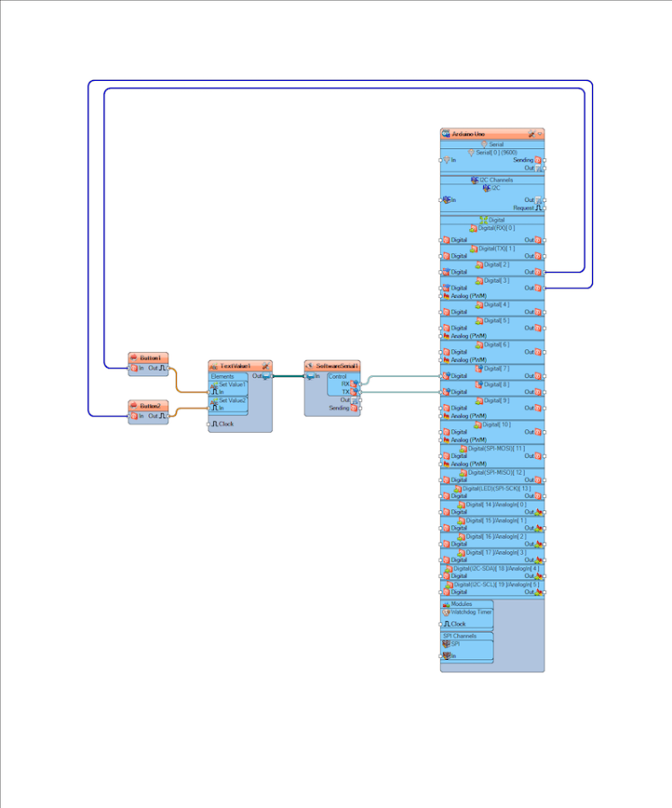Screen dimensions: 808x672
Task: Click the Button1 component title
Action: pos(149,357)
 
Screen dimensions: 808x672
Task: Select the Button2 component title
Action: pos(149,406)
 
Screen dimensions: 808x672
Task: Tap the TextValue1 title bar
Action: pos(235,366)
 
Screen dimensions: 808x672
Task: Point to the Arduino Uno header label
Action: pos(469,134)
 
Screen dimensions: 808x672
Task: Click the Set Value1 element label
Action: pos(231,384)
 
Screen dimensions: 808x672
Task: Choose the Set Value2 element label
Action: pos(231,400)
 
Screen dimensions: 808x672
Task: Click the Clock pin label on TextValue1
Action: pos(225,424)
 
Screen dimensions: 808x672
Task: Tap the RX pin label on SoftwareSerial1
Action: pos(345,383)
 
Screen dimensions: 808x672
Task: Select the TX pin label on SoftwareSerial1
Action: pos(345,391)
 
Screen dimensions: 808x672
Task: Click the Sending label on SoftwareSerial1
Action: pos(339,408)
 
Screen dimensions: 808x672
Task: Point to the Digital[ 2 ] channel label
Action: pos(496,264)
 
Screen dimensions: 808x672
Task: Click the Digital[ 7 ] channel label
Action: pos(496,368)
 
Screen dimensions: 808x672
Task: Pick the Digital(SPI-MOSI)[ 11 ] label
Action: pos(495,448)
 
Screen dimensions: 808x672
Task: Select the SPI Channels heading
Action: pos(460,636)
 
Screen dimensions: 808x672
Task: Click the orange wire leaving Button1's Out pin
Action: pos(177,382)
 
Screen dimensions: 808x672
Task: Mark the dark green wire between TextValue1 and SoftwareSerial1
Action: pos(287,376)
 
